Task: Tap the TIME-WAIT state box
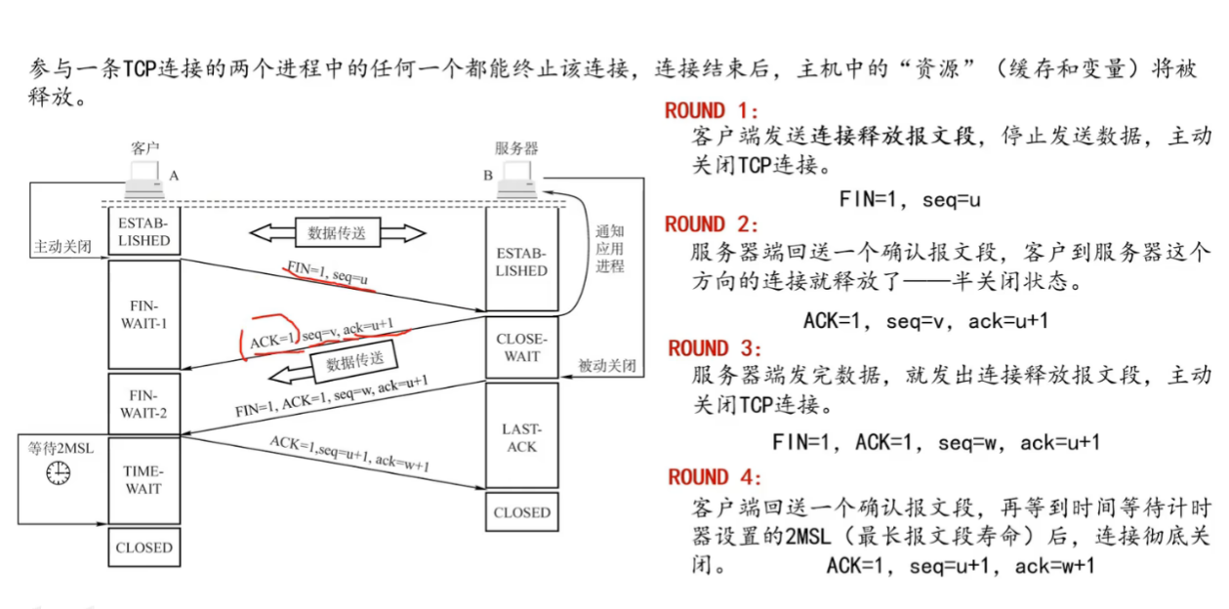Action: point(143,479)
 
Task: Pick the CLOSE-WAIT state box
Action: point(521,347)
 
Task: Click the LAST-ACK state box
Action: point(521,437)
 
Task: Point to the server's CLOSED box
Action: point(521,512)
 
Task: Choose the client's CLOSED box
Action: point(143,548)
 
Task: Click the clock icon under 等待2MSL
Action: point(59,473)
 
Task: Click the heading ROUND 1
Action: point(711,110)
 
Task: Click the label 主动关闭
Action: point(61,247)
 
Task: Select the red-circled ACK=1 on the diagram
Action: point(266,340)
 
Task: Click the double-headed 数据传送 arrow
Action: point(337,233)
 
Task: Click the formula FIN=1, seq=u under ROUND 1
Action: point(910,199)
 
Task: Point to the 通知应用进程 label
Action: point(610,249)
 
